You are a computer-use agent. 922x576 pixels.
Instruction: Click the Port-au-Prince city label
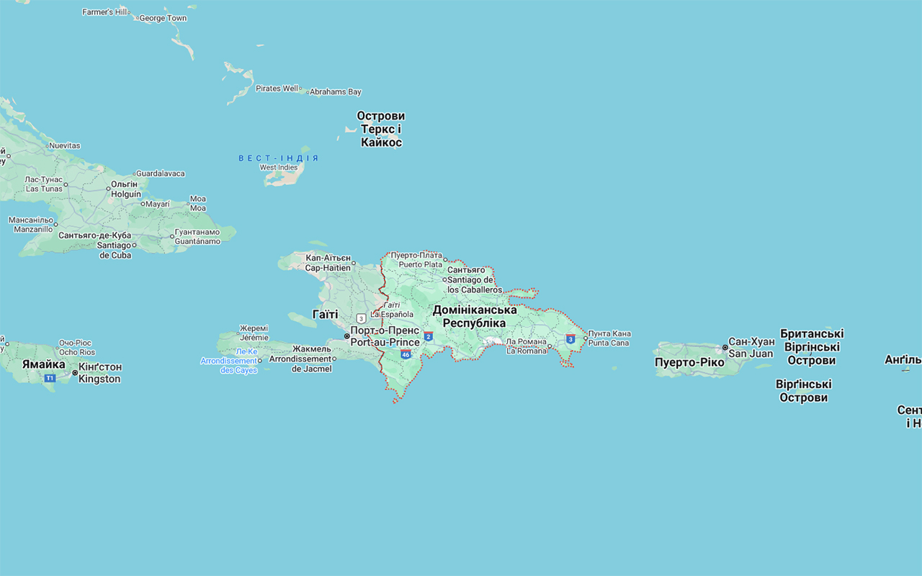[x=385, y=337]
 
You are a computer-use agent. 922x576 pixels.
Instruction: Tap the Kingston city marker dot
[x=75, y=373]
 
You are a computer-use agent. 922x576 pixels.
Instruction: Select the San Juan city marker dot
[x=725, y=348]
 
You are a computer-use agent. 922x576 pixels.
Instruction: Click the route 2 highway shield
[x=428, y=336]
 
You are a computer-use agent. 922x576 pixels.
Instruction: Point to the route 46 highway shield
[x=406, y=354]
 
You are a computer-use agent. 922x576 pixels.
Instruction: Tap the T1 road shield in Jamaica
[x=50, y=378]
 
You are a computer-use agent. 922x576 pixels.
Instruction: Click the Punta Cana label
[x=609, y=338]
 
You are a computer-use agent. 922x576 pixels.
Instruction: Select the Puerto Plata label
[x=417, y=260]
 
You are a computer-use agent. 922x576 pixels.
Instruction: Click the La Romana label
[x=527, y=346]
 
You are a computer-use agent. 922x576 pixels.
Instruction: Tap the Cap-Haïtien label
[x=328, y=263]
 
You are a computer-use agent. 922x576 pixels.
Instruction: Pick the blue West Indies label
[x=278, y=158]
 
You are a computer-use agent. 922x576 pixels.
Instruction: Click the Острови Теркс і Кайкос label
[x=381, y=129]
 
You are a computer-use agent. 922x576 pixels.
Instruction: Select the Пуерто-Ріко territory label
[x=689, y=362]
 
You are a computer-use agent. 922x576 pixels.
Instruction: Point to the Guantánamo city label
[x=197, y=237]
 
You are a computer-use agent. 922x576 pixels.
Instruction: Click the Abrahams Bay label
[x=335, y=92]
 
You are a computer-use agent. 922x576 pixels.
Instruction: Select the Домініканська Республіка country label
[x=474, y=316]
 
